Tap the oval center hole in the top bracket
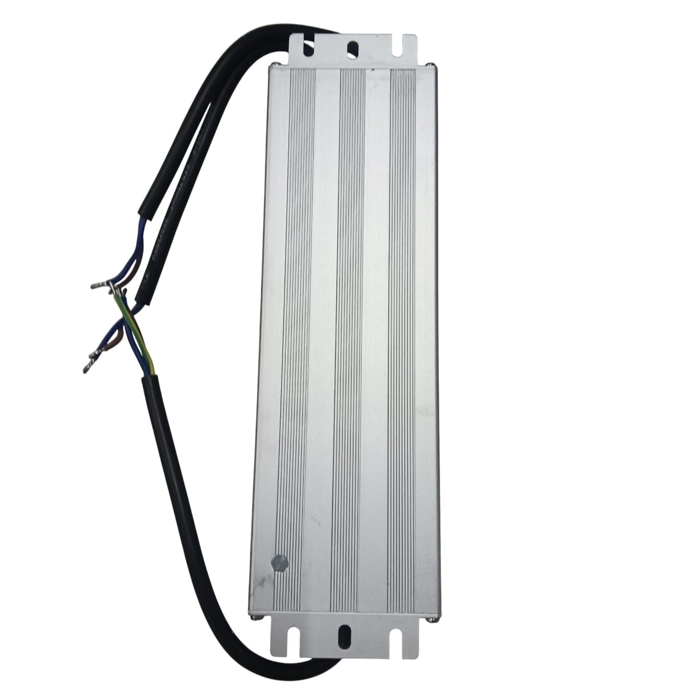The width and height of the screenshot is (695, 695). click(x=353, y=48)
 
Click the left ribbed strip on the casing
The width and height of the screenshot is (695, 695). click(x=294, y=337)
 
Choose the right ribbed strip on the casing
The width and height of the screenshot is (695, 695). click(x=401, y=337)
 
